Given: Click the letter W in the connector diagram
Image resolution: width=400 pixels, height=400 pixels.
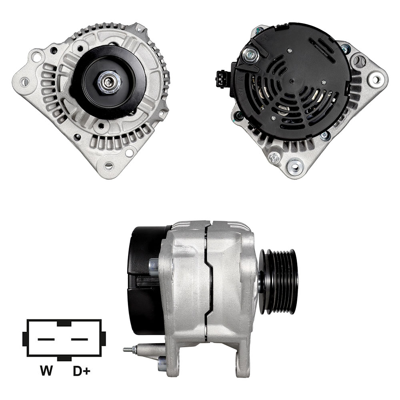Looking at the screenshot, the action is click(x=46, y=371).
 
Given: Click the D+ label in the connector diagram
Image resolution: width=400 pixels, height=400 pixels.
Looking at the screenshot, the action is click(x=82, y=371).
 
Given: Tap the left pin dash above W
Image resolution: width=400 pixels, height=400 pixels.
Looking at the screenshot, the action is click(x=46, y=339).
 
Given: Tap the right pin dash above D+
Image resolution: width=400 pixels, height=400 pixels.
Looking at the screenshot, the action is click(x=80, y=339).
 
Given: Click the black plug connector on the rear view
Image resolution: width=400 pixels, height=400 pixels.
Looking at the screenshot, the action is click(x=221, y=79).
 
